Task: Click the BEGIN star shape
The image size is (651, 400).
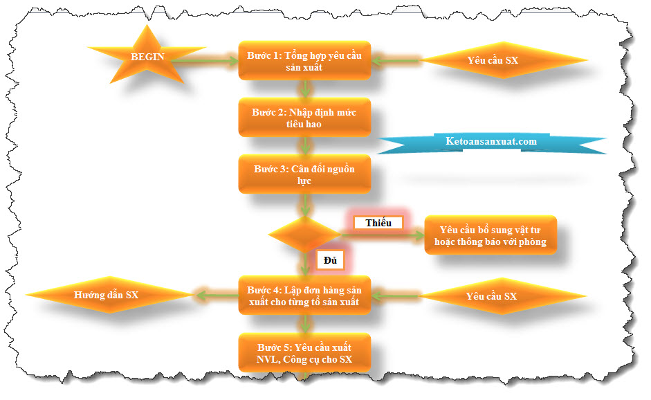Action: pos(147,57)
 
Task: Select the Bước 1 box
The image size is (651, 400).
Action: pos(304,61)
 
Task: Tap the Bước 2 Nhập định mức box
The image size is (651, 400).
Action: pos(304,118)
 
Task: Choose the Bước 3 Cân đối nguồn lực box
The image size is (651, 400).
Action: pos(304,174)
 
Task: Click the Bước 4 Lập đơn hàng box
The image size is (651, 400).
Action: pos(304,296)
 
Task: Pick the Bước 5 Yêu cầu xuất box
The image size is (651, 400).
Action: pos(304,353)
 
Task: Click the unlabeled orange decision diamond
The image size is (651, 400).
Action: pos(304,235)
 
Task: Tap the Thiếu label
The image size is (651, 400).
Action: pos(378,223)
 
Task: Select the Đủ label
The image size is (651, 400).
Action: pos(330,260)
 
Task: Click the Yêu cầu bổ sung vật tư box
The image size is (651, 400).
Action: pos(490,235)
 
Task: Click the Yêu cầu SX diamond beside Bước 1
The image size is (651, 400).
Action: pos(493,60)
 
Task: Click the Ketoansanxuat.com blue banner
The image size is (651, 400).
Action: pos(491,142)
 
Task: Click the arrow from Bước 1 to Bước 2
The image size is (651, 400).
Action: pos(304,89)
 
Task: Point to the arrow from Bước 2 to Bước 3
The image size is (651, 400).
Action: pos(304,145)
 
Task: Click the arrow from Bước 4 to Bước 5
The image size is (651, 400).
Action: pos(304,324)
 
